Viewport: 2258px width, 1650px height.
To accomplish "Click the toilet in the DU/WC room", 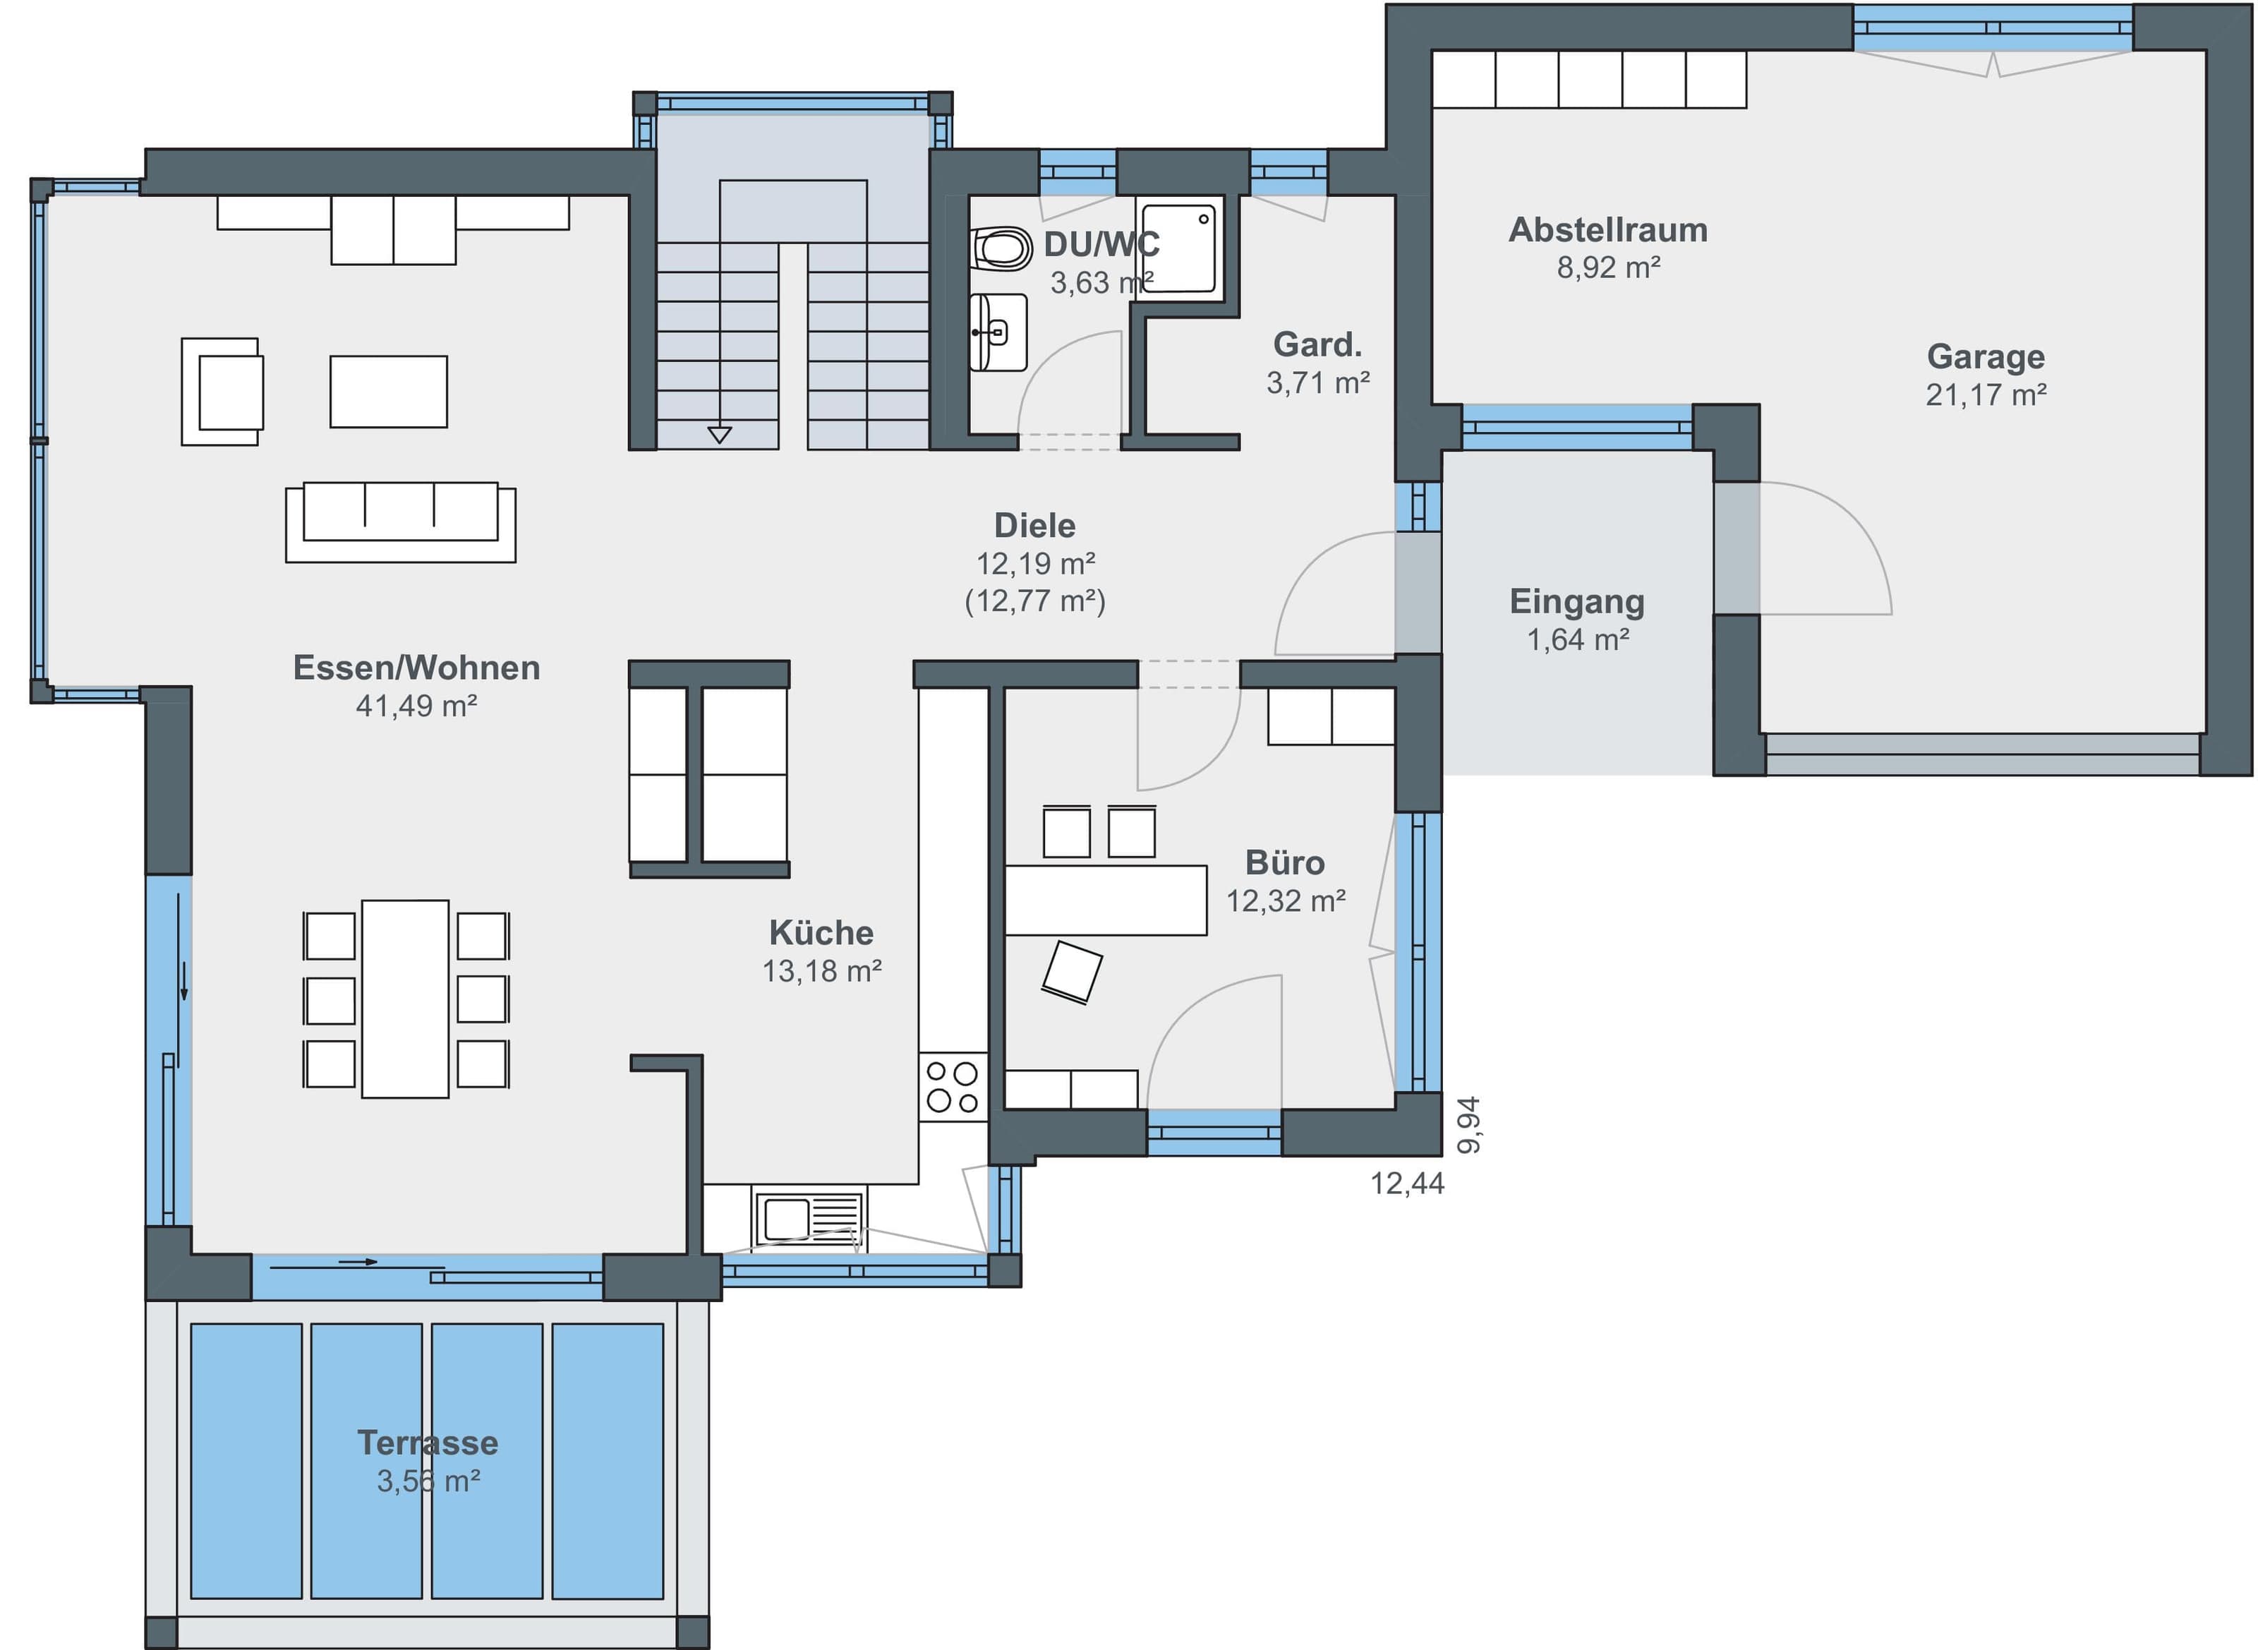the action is (x=1001, y=248).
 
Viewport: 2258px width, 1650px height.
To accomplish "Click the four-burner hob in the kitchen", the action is (x=953, y=1087).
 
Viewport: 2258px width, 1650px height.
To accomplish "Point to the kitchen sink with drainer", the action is (x=810, y=1217).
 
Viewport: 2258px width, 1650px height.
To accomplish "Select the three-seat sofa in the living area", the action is (x=401, y=522).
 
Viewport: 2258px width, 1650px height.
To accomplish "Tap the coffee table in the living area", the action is (x=389, y=392).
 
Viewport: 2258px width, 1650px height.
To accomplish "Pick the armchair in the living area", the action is (x=222, y=392).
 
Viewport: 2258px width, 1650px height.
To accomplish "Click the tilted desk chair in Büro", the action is (x=1072, y=971).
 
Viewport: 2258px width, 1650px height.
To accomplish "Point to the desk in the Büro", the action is (x=1106, y=900).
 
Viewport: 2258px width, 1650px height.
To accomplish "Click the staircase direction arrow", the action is (x=719, y=435).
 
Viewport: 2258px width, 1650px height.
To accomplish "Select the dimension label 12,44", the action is (x=1407, y=1184).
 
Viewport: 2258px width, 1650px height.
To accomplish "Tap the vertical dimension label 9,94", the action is (x=1468, y=1126).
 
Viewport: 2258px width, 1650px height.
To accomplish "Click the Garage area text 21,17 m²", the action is (x=1986, y=395).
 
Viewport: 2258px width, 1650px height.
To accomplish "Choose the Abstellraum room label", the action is (x=1608, y=230).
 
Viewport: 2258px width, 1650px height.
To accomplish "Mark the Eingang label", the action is (x=1577, y=601).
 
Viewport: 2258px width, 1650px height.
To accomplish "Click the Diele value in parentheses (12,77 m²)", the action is (x=1034, y=601).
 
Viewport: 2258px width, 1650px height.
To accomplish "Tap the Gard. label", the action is (x=1317, y=344).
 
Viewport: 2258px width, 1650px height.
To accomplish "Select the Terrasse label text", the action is (x=428, y=1443).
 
